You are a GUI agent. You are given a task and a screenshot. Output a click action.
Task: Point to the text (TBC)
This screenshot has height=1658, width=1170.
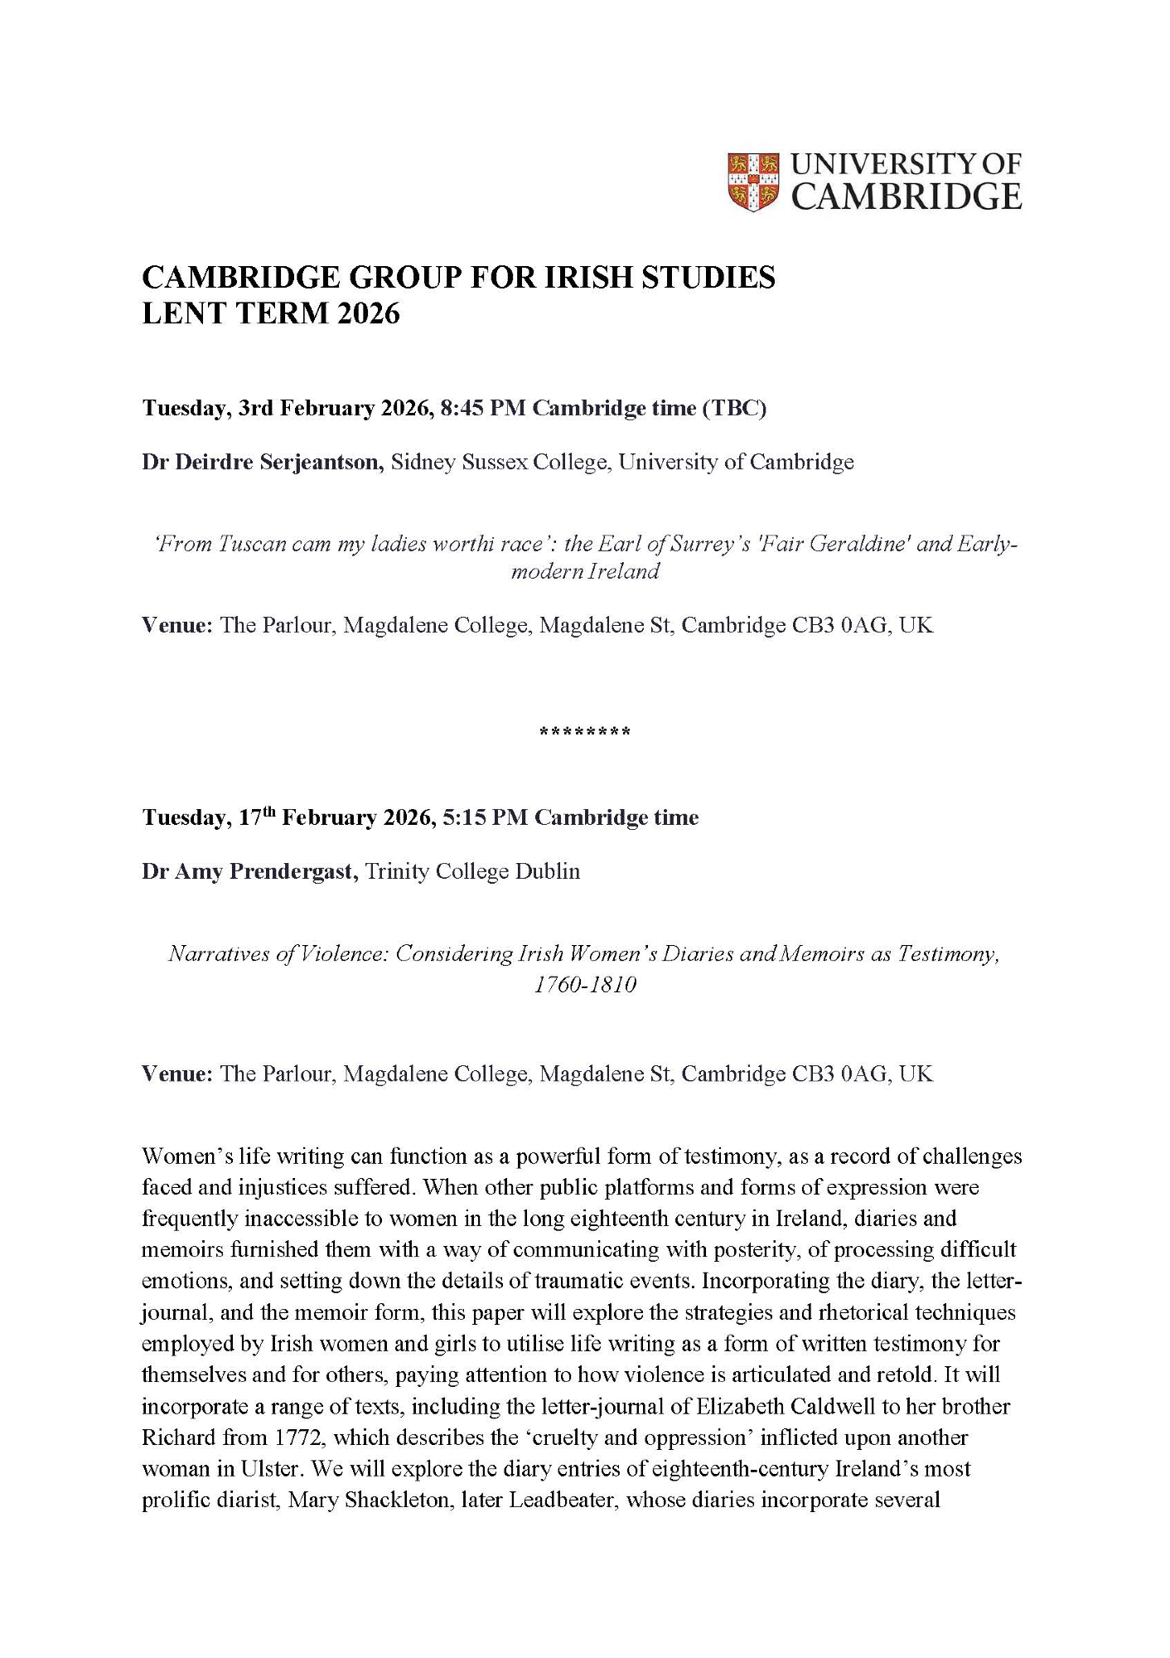coord(734,409)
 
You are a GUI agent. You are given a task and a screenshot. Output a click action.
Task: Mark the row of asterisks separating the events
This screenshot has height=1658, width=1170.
coord(585,732)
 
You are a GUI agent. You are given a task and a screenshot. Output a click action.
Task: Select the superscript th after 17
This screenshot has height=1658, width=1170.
coord(271,812)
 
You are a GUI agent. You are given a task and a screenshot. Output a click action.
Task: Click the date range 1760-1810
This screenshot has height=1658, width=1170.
coord(585,986)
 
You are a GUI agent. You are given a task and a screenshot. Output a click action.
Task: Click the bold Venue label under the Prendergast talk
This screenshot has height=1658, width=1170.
coord(177,1074)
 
